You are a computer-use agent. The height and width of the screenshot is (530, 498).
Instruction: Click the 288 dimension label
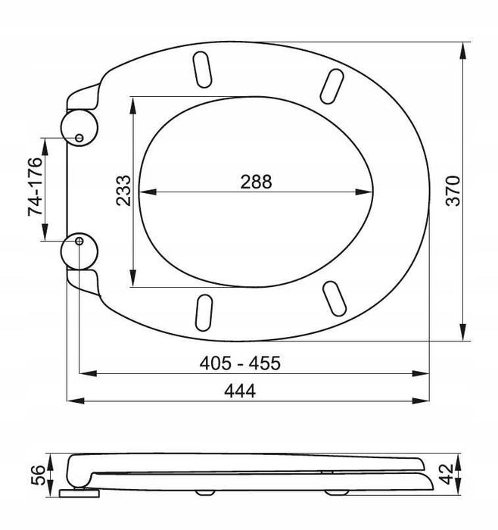click(x=256, y=182)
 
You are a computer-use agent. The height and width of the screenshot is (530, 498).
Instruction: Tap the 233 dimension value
click(x=123, y=191)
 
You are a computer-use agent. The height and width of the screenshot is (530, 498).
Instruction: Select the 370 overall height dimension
click(x=453, y=191)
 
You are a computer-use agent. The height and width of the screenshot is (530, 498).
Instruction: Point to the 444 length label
click(x=240, y=391)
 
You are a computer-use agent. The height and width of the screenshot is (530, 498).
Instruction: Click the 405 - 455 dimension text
click(x=240, y=363)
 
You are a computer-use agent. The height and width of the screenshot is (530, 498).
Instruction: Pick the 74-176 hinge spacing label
click(x=35, y=186)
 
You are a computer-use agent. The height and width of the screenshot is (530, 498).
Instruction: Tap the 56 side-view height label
click(x=38, y=475)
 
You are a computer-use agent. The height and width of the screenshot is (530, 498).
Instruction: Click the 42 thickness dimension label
click(x=447, y=474)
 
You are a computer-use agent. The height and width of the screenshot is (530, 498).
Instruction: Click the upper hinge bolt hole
click(x=79, y=138)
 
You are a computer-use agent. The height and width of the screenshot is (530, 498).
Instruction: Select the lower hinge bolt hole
click(x=79, y=241)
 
